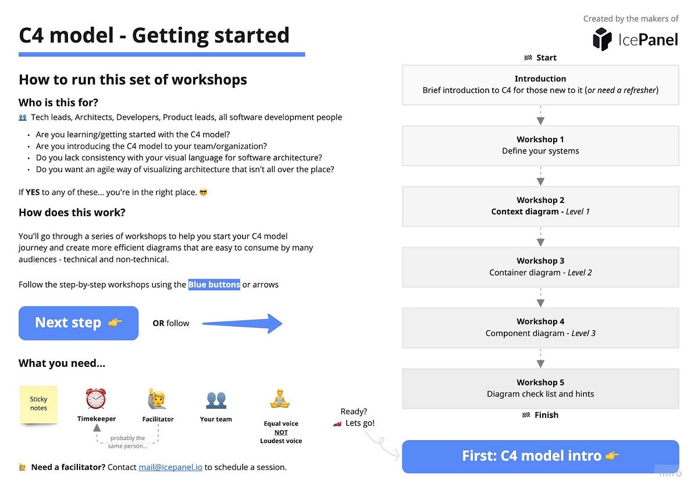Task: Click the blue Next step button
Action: [x=79, y=323]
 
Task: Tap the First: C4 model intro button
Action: [x=540, y=456]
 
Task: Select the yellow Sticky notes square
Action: [x=38, y=404]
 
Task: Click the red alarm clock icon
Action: [x=96, y=399]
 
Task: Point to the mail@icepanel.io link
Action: [x=170, y=467]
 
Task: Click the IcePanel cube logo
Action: [x=602, y=40]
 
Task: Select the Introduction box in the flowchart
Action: [x=540, y=85]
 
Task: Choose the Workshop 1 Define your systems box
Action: [x=540, y=145]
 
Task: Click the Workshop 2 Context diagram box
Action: [x=540, y=206]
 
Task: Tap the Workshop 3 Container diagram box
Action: [x=540, y=267]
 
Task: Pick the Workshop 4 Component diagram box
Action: [x=540, y=327]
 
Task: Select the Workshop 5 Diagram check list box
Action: [x=540, y=388]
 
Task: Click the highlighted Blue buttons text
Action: [x=214, y=284]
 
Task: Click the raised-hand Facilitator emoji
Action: [x=158, y=399]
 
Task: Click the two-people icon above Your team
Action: [x=216, y=400]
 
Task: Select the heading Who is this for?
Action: [x=59, y=102]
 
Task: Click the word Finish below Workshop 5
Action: [x=546, y=415]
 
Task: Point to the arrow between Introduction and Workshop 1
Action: [x=540, y=115]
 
